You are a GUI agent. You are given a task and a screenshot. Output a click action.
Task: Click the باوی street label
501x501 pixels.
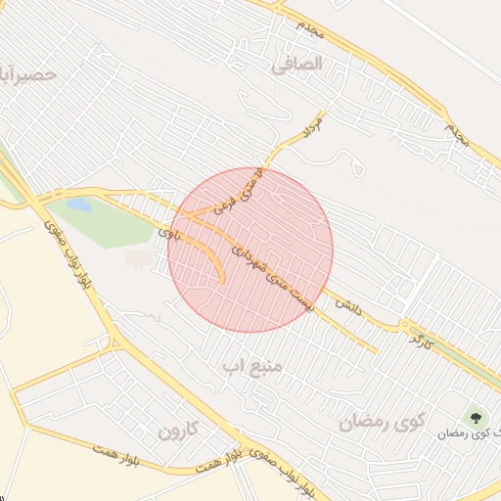tap(170, 233)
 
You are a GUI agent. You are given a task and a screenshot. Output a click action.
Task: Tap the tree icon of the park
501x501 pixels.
tap(477, 418)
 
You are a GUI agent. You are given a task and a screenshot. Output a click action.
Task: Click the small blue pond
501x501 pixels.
tap(80, 206)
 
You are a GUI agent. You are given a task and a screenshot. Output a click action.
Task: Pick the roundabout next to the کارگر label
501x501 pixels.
tap(404, 325)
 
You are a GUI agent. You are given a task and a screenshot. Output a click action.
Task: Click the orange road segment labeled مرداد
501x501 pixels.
tap(290, 145)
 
